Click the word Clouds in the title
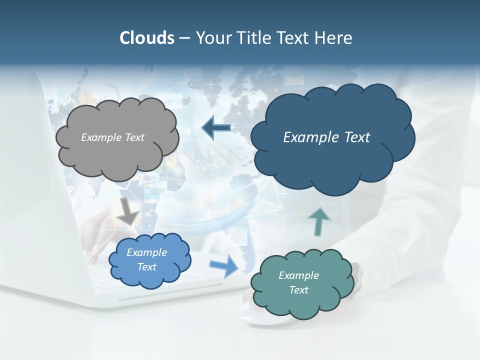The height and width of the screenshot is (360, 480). pos(147,38)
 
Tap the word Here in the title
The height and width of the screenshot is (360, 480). pos(333,38)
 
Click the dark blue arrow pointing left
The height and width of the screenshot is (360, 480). pos(216,128)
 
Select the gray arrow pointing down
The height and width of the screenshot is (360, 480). pos(128,210)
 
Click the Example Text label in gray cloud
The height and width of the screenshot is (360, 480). pos(112,137)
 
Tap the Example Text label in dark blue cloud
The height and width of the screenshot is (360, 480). pos(326,137)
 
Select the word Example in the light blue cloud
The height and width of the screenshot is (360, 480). pos(146,252)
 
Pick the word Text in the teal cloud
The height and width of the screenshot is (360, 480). pos(298,290)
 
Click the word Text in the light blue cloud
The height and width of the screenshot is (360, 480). pos(146,267)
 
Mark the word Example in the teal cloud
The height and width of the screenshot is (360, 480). pos(298,275)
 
